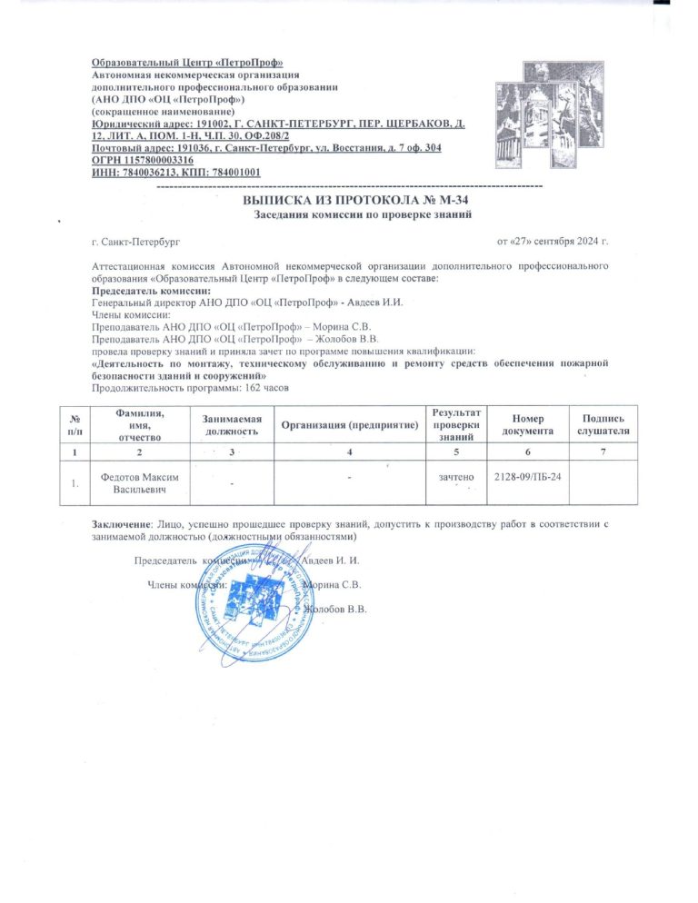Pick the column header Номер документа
tap(525, 423)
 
